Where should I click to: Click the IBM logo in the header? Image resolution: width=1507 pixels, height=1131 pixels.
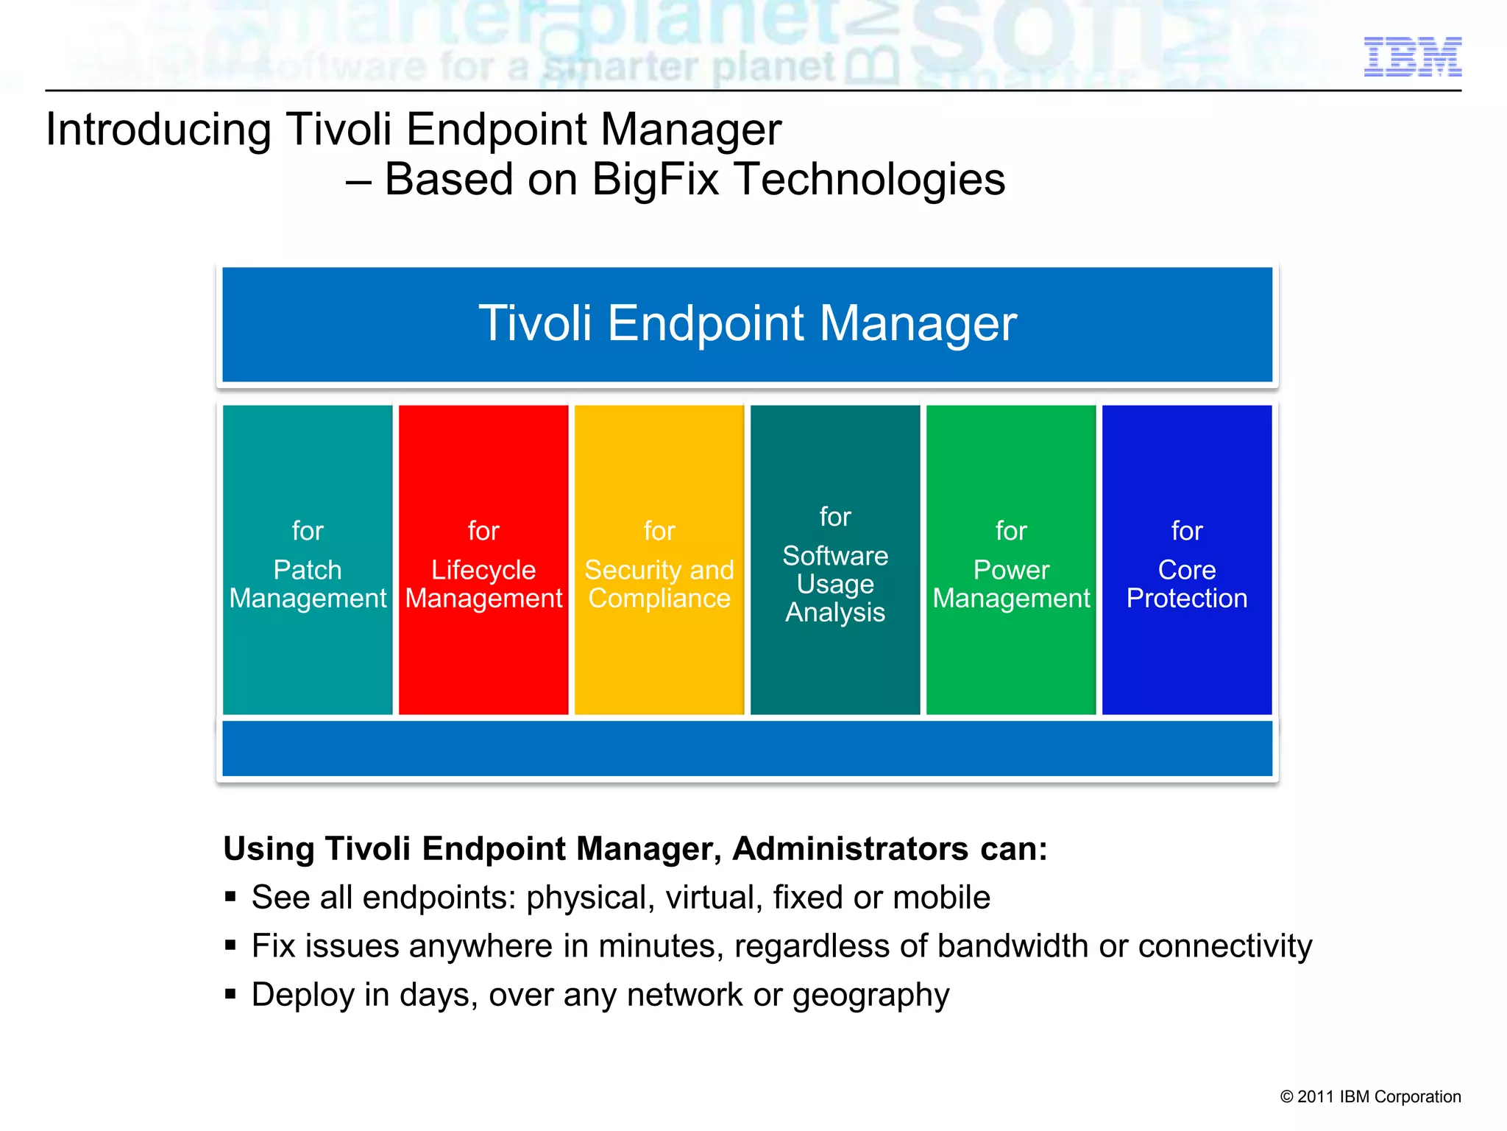(x=1412, y=57)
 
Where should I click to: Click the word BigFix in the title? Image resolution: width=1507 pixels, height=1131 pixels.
(x=655, y=179)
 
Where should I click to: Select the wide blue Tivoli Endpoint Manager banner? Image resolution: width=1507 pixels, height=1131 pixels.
(x=747, y=324)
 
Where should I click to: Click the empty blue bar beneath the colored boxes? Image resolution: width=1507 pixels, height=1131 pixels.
(x=747, y=748)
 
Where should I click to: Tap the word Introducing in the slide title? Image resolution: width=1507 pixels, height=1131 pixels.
(x=158, y=130)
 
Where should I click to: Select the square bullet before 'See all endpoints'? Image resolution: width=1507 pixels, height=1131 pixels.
(x=231, y=897)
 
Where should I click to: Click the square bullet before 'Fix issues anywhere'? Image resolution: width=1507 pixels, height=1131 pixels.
(x=231, y=945)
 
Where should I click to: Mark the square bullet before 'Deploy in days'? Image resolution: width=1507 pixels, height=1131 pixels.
(x=231, y=994)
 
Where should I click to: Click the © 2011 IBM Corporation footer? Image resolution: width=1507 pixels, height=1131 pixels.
(x=1370, y=1096)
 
